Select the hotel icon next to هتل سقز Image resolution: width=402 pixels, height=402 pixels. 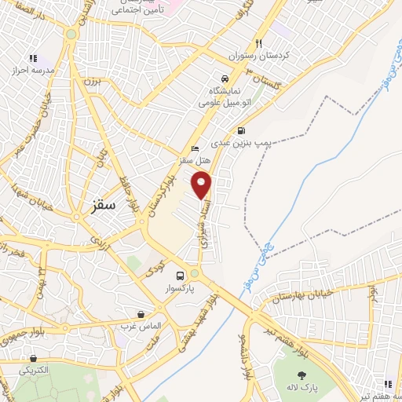(196, 149)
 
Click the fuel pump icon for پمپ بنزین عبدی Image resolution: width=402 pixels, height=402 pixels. (240, 131)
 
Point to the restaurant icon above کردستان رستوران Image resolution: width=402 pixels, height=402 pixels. (258, 44)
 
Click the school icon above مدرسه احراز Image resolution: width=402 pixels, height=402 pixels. (32, 58)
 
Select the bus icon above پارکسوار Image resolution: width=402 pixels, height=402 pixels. (181, 276)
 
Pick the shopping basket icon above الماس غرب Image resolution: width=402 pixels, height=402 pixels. (141, 313)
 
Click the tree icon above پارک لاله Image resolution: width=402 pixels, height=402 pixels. (301, 375)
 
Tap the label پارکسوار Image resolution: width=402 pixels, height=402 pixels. (181, 289)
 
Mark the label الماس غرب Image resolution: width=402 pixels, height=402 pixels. (142, 325)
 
